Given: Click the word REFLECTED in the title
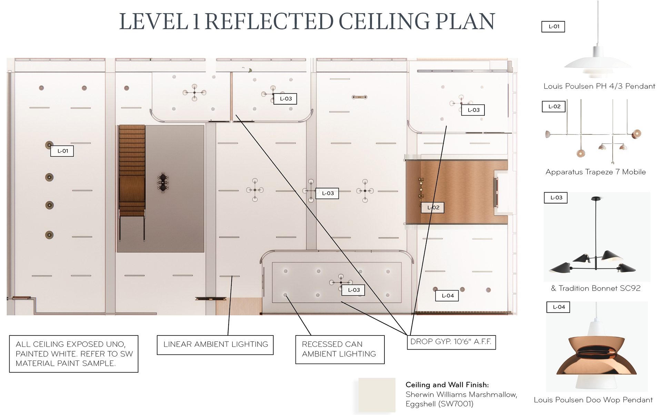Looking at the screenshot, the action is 269,21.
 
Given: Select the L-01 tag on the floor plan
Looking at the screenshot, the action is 62,151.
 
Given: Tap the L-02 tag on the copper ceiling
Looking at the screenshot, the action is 433,208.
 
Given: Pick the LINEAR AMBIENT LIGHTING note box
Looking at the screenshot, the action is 215,345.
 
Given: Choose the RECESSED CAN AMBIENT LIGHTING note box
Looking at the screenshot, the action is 340,349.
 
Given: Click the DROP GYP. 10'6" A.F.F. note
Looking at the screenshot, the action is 451,342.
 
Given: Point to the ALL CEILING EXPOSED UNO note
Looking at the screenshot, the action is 74,354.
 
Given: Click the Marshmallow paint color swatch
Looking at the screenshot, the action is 377,395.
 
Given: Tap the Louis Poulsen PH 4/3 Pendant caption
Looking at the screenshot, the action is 599,86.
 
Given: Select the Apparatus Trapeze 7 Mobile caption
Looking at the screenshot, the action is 595,172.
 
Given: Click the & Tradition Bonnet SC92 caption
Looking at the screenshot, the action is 595,288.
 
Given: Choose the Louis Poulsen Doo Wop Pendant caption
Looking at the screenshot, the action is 593,400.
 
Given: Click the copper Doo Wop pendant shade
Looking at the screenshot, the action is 596,356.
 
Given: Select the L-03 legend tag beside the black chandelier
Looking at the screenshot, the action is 556,198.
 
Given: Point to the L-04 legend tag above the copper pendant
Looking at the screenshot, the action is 558,307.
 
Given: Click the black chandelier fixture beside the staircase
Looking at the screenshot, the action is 163,183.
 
